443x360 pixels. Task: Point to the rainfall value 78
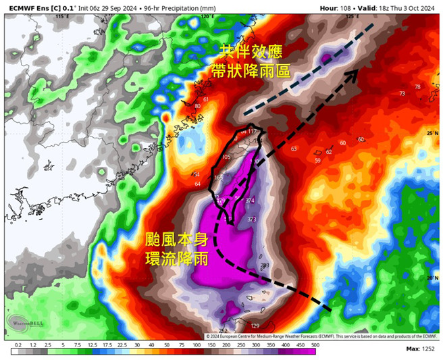[417, 87]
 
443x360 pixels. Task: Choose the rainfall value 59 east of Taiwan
[317, 161]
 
